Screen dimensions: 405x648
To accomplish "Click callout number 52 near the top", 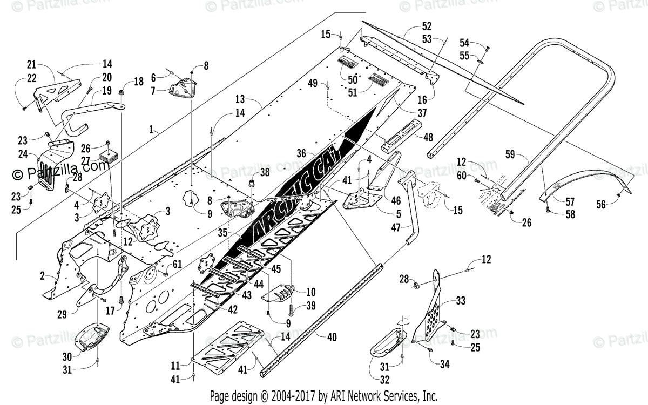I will click(427, 26).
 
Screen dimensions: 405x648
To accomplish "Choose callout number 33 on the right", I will click(460, 300).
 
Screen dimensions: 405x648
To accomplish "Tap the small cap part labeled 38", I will click(251, 185).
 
